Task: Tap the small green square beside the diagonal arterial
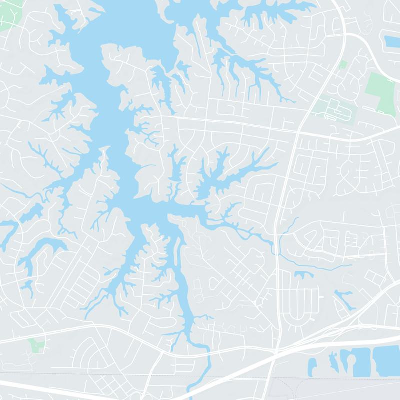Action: point(342,65)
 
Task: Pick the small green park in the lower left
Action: point(36,345)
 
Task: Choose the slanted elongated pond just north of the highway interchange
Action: point(343,298)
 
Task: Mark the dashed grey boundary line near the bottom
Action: point(150,376)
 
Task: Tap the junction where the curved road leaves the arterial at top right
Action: point(345,35)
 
